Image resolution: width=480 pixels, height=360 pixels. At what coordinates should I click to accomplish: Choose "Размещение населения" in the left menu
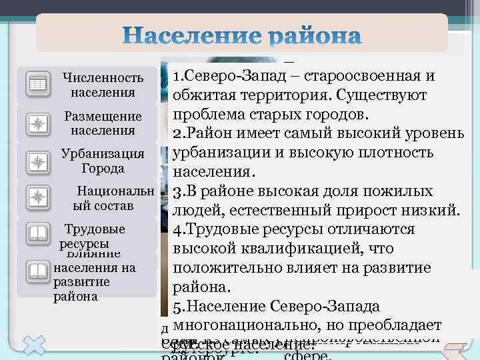(x=103, y=123)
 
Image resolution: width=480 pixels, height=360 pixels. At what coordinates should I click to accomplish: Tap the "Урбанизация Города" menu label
(x=102, y=161)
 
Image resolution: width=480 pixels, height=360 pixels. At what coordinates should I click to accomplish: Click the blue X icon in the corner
(x=33, y=347)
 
